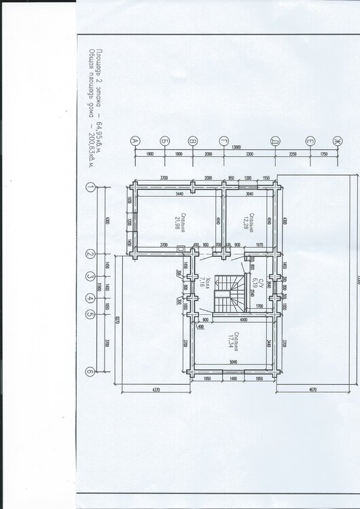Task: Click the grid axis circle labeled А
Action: [x=134, y=140]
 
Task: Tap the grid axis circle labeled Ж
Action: [x=334, y=140]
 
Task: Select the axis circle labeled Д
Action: [x=272, y=140]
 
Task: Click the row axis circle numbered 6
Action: [x=90, y=371]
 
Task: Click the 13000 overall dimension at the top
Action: [x=236, y=147]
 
